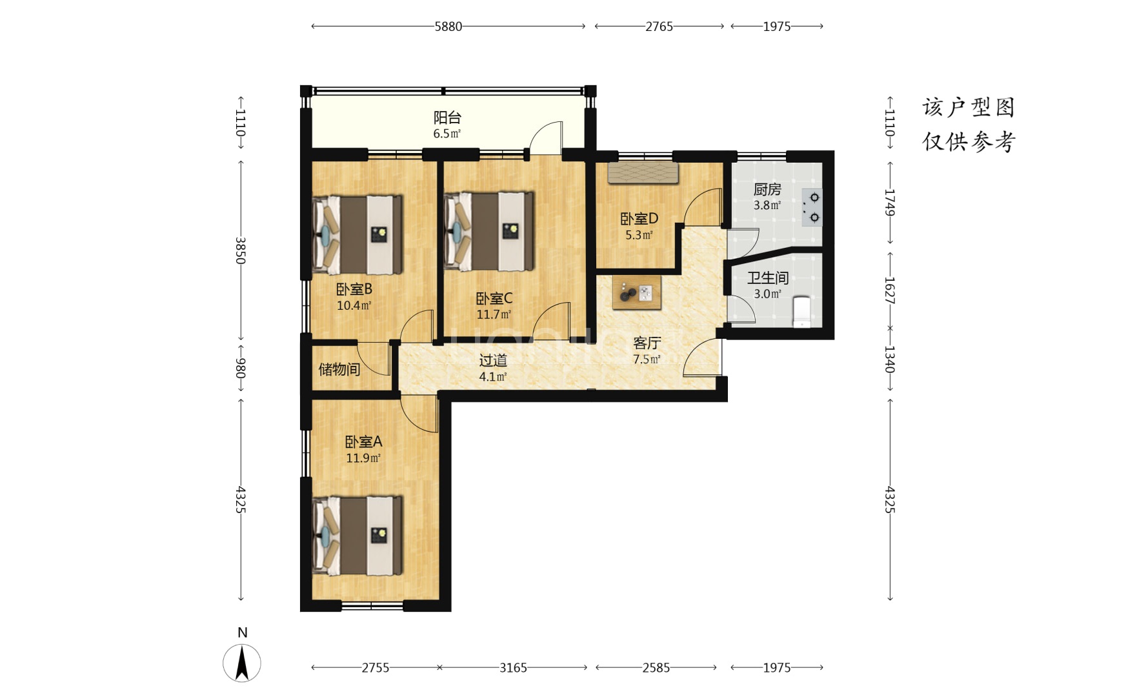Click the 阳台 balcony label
click(447, 117)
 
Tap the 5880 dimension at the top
click(448, 26)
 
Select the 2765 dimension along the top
click(659, 26)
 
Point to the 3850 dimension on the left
click(240, 250)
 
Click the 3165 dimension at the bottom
click(513, 667)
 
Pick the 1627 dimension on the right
click(889, 290)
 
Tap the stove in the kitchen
click(812, 207)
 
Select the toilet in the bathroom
click(801, 312)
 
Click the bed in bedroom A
click(358, 535)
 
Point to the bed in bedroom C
click(490, 230)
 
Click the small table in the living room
click(637, 293)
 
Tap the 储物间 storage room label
click(339, 369)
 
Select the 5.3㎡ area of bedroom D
click(639, 235)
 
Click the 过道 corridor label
click(493, 360)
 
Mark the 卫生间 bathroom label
click(768, 278)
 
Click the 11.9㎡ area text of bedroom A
click(363, 458)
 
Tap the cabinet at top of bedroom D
click(643, 173)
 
